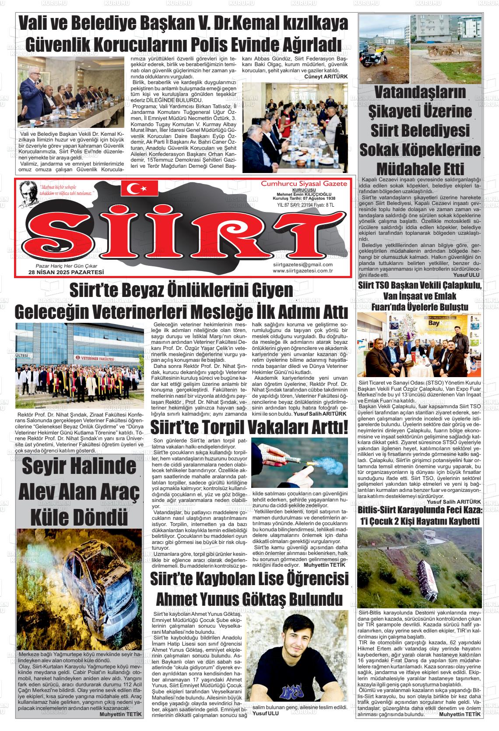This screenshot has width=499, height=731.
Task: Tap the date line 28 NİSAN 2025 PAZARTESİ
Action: point(66,272)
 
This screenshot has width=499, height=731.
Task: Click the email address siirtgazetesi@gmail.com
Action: point(302,265)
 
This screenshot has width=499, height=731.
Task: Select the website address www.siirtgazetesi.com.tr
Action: point(302,271)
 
